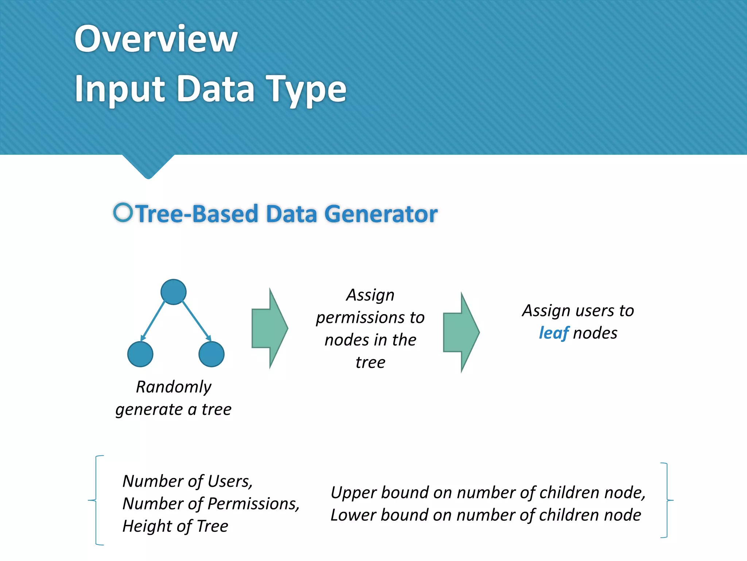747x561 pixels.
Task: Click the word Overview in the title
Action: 156,39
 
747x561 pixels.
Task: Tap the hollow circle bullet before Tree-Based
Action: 123,213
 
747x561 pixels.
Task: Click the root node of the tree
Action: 174,292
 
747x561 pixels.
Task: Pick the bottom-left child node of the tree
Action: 140,354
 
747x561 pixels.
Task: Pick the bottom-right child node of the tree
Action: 212,354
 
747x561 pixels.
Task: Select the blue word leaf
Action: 553,333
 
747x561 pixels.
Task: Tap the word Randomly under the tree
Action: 174,387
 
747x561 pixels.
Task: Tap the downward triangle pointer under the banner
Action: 148,166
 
